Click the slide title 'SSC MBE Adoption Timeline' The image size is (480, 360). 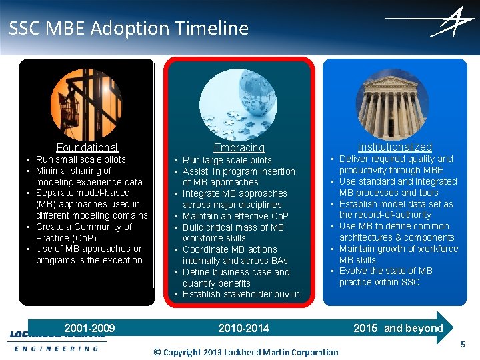(x=129, y=28)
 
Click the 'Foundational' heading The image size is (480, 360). (x=87, y=147)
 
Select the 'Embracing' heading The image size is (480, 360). (x=239, y=147)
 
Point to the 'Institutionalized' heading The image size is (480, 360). (x=395, y=147)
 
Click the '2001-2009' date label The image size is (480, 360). (x=89, y=328)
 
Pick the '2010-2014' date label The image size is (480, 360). (x=243, y=328)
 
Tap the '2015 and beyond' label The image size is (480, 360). (x=398, y=328)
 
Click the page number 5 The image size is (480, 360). (x=463, y=345)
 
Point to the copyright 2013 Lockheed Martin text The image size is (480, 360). (x=246, y=352)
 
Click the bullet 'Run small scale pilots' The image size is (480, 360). (x=81, y=159)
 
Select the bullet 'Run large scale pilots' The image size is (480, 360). (x=227, y=160)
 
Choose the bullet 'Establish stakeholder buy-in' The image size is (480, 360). (x=241, y=294)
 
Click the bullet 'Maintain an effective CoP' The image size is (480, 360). (x=235, y=216)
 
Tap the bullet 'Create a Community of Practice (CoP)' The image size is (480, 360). (x=83, y=232)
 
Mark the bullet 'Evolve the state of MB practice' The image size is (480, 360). (x=385, y=276)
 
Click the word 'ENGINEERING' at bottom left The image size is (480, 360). (x=56, y=349)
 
